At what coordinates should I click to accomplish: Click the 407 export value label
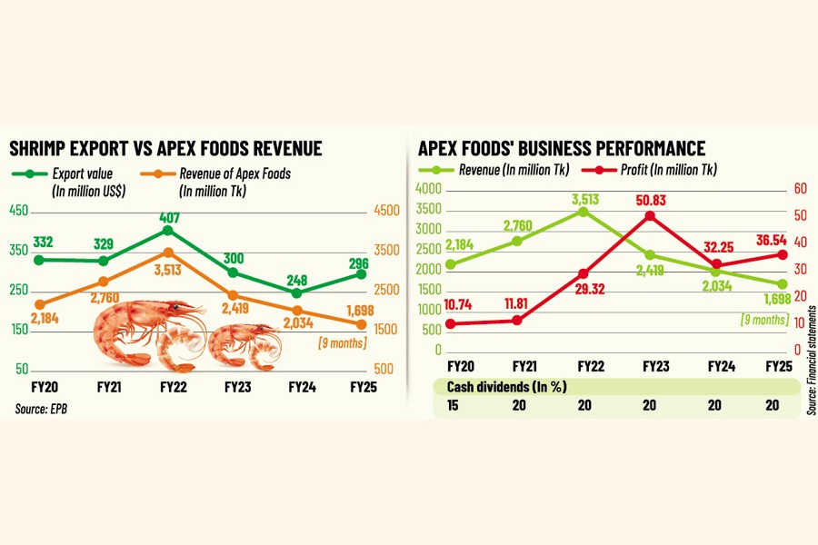point(167,215)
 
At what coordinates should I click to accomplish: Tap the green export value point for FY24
point(296,293)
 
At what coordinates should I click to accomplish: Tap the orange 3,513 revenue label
point(168,270)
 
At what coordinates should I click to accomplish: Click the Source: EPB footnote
point(41,410)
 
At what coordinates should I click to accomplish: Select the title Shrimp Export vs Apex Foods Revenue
point(165,149)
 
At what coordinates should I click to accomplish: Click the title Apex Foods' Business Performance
point(562,149)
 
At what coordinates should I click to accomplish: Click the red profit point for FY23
point(650,215)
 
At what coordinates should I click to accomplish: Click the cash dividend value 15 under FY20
point(452,406)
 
